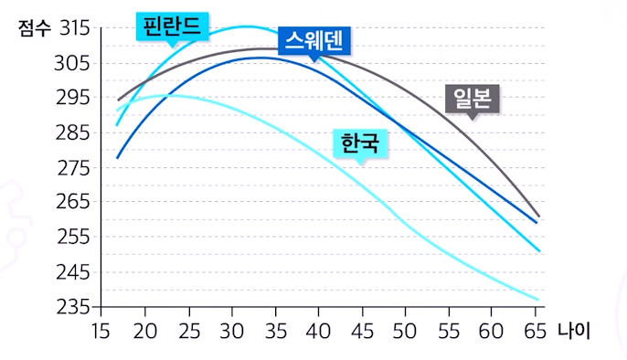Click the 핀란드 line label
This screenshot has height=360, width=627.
(172, 25)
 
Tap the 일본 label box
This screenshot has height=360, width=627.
(473, 98)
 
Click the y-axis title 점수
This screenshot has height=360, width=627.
(35, 27)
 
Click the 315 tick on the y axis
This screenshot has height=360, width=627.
(73, 27)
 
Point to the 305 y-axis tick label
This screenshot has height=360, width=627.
(73, 63)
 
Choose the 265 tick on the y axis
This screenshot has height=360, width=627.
(73, 202)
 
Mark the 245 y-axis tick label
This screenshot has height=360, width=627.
(73, 271)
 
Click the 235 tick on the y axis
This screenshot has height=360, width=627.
(73, 306)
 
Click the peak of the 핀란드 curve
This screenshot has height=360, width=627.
(245, 26)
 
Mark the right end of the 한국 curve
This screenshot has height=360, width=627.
(539, 300)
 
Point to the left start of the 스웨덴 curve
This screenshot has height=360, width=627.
(117, 158)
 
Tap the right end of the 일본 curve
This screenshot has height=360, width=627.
(539, 217)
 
